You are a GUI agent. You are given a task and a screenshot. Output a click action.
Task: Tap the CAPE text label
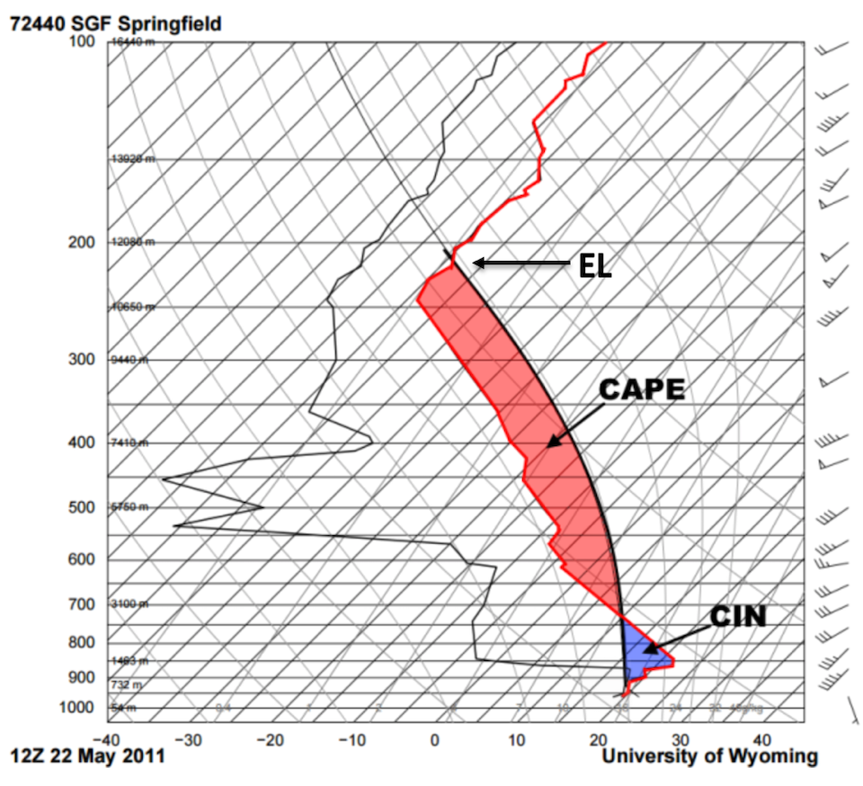click(x=643, y=389)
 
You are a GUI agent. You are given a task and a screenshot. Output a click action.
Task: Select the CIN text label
click(x=738, y=616)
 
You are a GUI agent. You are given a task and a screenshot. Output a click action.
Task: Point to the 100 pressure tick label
click(x=82, y=41)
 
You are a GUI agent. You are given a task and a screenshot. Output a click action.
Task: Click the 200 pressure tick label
click(x=82, y=243)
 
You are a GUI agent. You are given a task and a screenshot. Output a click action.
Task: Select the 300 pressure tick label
click(x=82, y=360)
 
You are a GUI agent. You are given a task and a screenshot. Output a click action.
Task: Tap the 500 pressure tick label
click(x=82, y=507)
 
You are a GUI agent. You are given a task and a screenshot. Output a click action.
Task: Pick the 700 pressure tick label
click(x=82, y=604)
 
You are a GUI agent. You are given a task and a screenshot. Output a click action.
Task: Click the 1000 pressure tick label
click(x=78, y=708)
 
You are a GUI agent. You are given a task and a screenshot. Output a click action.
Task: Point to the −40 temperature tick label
click(x=107, y=741)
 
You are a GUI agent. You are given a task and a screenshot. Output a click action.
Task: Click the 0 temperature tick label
click(x=435, y=741)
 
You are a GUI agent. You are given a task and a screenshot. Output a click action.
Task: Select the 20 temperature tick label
click(x=599, y=741)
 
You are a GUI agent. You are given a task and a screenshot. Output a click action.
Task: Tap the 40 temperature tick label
click(x=762, y=741)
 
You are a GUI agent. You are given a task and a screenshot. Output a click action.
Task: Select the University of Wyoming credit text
click(x=709, y=757)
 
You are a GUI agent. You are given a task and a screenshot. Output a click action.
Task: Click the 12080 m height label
click(x=132, y=243)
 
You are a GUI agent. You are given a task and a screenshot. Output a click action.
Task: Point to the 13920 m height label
click(x=132, y=159)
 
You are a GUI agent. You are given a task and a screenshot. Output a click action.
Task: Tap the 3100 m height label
click(x=129, y=604)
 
